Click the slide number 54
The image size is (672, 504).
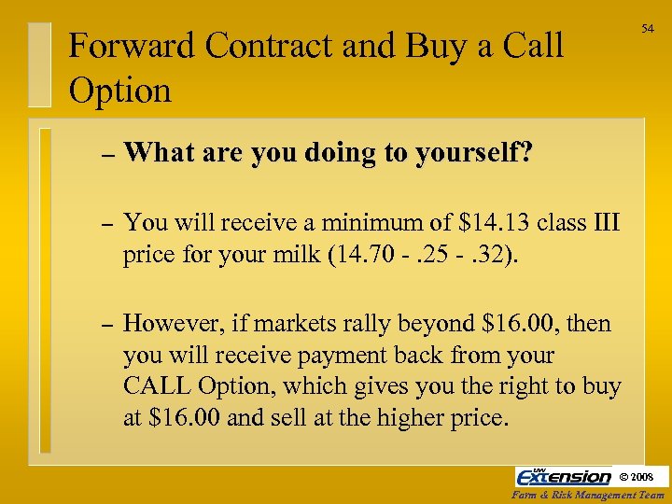[647, 30]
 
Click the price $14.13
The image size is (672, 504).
[493, 223]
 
